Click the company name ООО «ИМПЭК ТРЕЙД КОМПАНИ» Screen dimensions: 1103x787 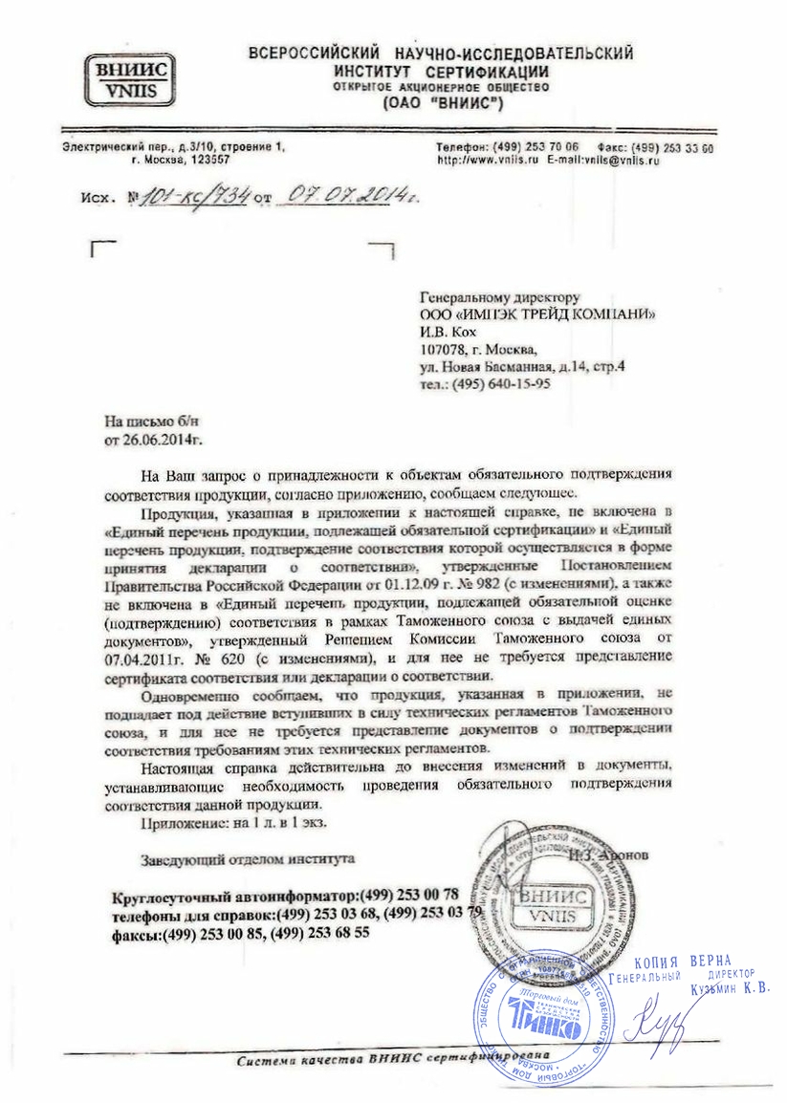pyautogui.click(x=538, y=315)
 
